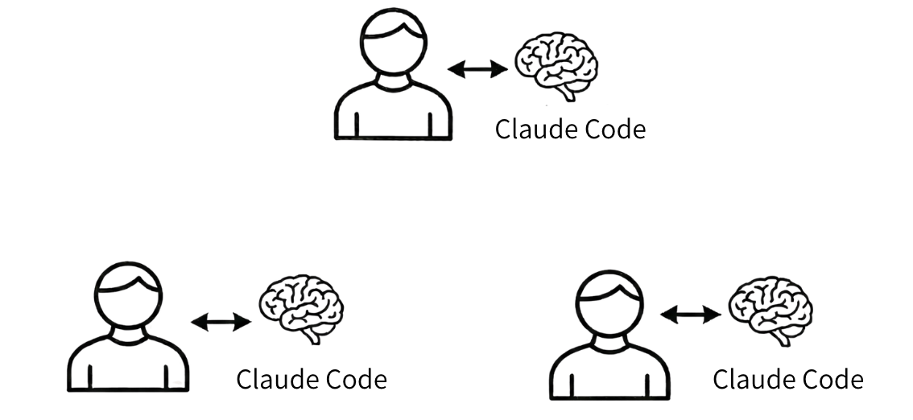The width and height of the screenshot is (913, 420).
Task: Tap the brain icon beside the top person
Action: [556, 66]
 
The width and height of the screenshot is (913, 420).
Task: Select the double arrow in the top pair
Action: [477, 69]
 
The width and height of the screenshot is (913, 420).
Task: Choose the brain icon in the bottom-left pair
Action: [301, 309]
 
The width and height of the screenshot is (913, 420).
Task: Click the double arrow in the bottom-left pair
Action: [221, 322]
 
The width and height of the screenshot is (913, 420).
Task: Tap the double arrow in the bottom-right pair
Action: [691, 315]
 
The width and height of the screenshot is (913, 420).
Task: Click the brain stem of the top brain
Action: [567, 93]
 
